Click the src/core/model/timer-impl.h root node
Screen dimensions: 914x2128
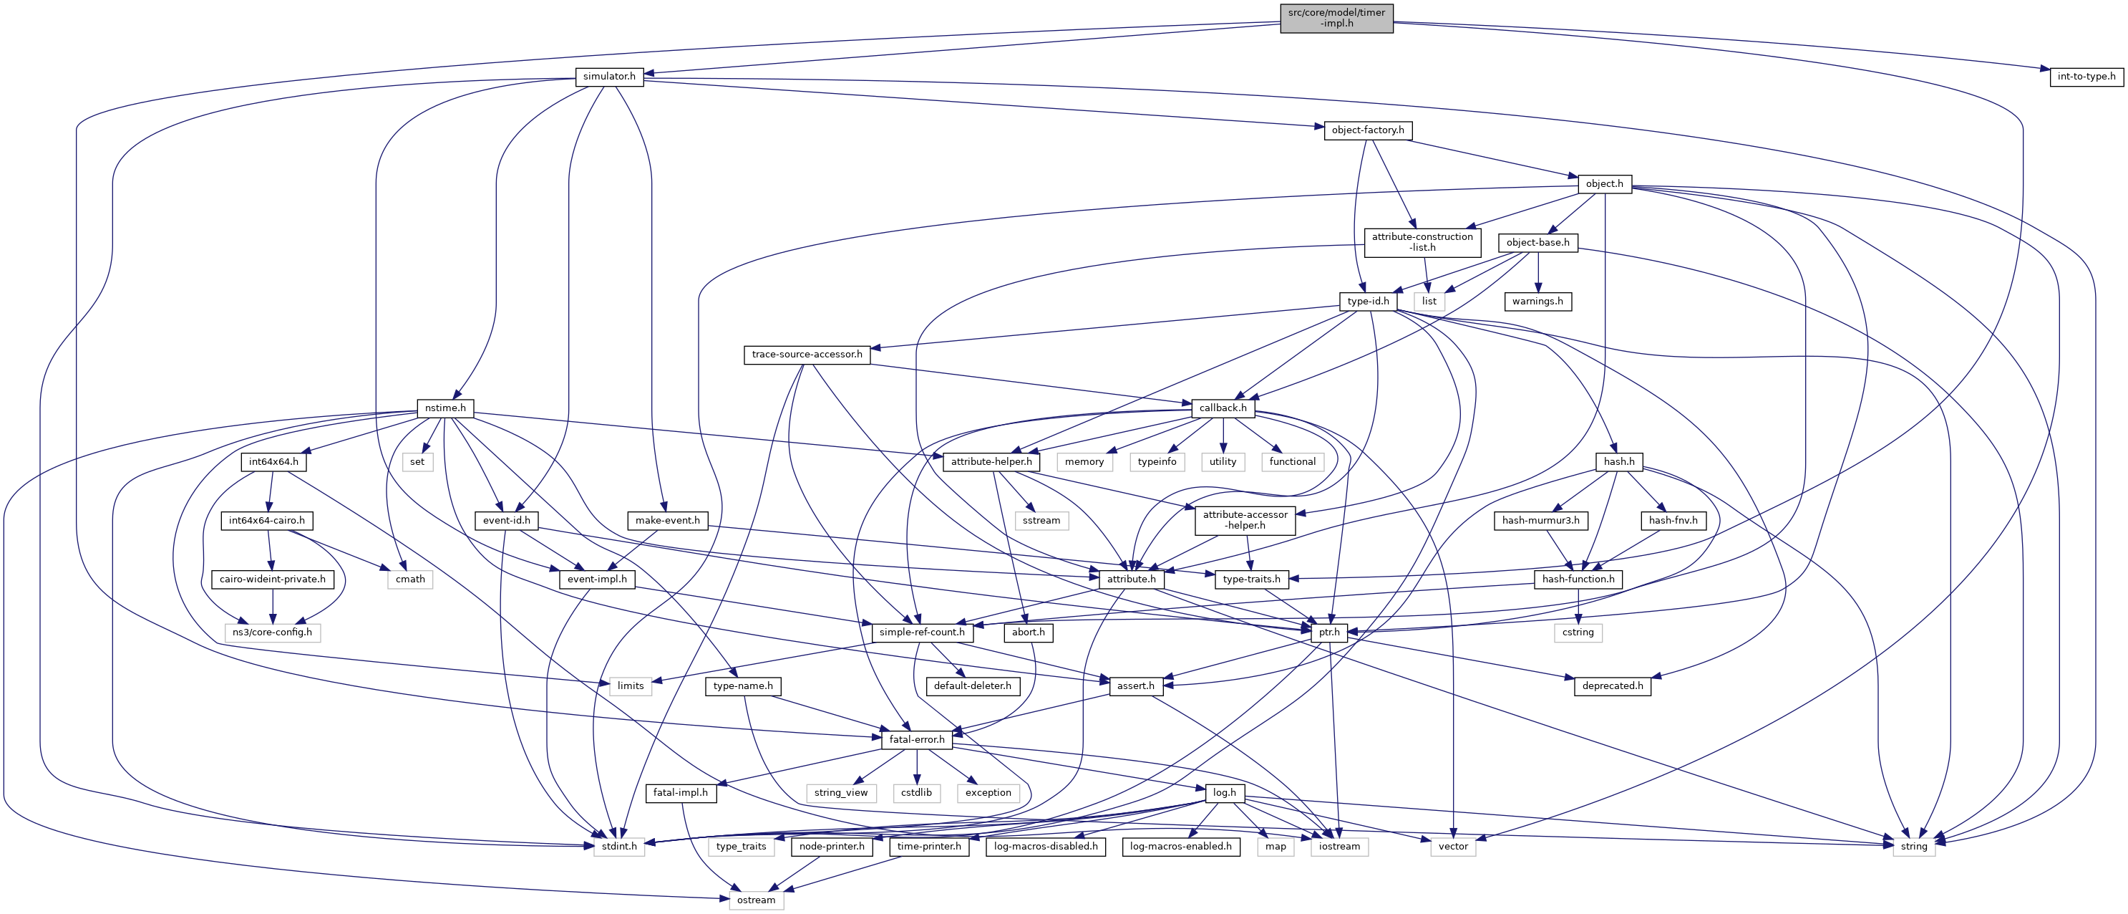pos(1336,18)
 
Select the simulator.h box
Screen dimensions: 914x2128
pos(609,77)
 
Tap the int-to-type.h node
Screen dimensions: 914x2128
pos(2086,77)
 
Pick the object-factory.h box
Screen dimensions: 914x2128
pos(1367,130)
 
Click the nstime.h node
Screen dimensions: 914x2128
pos(445,408)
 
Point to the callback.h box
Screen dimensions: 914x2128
pos(1223,408)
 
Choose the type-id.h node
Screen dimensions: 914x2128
pos(1368,302)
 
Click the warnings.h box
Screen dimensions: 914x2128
pos(1537,302)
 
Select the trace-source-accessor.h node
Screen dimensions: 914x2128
pos(806,355)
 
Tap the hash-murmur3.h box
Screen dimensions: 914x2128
pos(1540,521)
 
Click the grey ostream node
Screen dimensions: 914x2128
pos(756,900)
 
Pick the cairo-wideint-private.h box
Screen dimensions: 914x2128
pos(273,579)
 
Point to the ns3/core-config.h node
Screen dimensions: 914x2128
pos(272,633)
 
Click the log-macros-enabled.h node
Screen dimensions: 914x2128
pos(1180,846)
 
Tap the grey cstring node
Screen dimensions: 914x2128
pos(1578,633)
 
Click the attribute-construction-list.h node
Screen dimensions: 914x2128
pos(1422,242)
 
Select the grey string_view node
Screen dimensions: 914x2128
pos(840,792)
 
